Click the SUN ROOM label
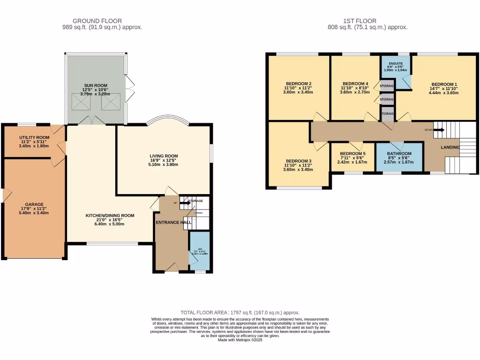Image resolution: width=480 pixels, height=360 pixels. tap(96, 85)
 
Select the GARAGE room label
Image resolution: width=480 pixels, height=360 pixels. tap(34, 204)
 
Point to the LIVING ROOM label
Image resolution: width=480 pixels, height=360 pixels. tap(164, 156)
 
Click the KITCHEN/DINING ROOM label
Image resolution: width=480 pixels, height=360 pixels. tap(110, 216)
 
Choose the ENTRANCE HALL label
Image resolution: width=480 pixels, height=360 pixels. tap(173, 222)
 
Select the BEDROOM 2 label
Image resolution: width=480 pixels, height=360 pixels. tap(298, 83)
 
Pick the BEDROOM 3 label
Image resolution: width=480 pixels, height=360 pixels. tap(299, 161)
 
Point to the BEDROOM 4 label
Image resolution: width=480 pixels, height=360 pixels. tap(355, 83)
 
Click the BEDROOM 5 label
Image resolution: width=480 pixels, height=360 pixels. tap(352, 154)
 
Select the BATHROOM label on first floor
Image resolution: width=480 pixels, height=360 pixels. tap(399, 154)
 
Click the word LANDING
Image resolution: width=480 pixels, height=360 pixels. tap(450, 147)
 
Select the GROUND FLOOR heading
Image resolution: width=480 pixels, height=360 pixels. tap(97, 21)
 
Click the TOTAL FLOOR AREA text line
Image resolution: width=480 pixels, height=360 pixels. tap(240, 312)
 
